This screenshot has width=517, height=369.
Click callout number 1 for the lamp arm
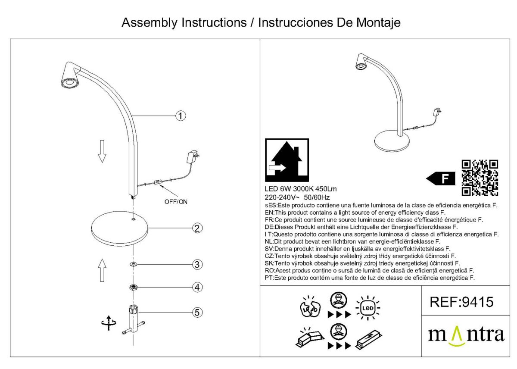181,116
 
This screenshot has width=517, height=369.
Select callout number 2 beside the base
197,228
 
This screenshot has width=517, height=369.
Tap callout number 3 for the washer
197,264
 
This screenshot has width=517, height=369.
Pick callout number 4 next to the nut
197,287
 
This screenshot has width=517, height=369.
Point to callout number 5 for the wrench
197,312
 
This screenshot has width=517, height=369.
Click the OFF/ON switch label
176,201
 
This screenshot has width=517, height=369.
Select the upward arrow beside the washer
102,270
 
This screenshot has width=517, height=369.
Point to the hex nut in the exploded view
134,287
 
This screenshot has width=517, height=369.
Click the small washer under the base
134,264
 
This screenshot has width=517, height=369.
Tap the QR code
480,178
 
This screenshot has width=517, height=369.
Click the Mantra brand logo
466,335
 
